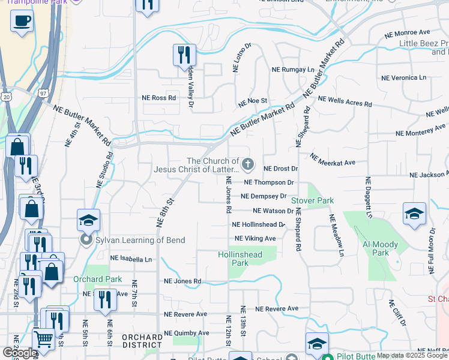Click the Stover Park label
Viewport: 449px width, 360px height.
point(312,200)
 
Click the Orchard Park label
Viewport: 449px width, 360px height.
point(97,279)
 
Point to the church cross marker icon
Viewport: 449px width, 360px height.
point(247,163)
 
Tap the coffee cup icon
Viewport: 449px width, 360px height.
point(22,22)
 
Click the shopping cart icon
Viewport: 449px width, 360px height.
point(43,339)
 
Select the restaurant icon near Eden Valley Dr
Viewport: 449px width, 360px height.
point(184,55)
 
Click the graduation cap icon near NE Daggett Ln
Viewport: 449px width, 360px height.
point(414,214)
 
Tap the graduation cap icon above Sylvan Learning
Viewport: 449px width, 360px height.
point(88,220)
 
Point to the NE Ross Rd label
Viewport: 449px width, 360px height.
point(159,98)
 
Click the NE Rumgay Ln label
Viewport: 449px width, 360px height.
point(293,70)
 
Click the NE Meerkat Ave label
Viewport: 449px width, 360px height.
point(333,160)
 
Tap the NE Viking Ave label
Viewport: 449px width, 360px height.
point(255,238)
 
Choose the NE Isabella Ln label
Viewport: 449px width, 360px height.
point(131,260)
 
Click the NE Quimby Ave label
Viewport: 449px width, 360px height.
point(187,333)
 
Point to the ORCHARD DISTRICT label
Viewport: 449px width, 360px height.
point(142,341)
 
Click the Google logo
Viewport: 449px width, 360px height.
point(19,353)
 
